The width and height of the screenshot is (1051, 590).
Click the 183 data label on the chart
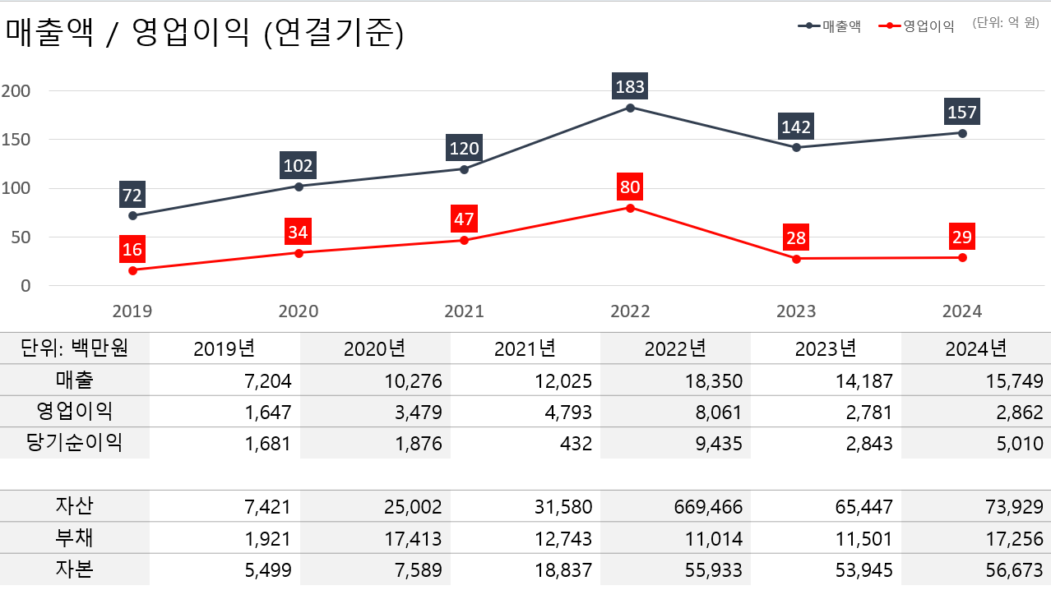(x=630, y=85)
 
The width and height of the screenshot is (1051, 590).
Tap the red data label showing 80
(x=630, y=187)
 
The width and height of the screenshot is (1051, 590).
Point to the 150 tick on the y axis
(x=16, y=140)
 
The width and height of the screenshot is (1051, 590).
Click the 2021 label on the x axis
(x=464, y=311)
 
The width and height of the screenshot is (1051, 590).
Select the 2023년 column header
(x=826, y=348)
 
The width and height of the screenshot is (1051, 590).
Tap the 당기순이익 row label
(x=75, y=443)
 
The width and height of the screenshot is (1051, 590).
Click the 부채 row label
(x=75, y=538)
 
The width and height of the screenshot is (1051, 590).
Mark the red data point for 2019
(x=132, y=270)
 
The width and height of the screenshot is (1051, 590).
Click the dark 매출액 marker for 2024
(x=962, y=132)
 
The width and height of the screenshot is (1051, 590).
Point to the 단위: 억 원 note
(x=1005, y=23)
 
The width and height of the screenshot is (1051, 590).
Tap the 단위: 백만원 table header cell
(x=75, y=348)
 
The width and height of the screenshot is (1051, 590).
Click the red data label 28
(x=796, y=238)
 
